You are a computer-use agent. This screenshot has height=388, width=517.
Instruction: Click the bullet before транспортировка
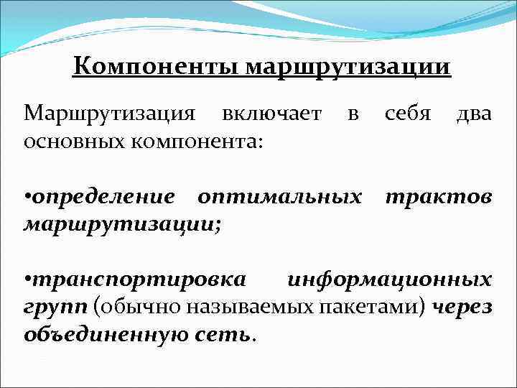pyautogui.click(x=27, y=280)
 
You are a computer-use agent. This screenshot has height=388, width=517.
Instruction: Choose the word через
pyautogui.click(x=463, y=307)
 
